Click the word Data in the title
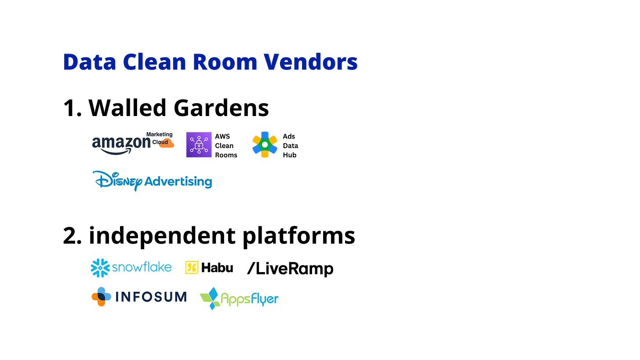pos(89,62)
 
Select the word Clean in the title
pos(154,62)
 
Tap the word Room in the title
pos(225,62)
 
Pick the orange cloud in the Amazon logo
pos(167,143)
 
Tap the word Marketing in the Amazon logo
pos(159,135)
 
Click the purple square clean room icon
pos(199,144)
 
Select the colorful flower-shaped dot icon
pos(265,144)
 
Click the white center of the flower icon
pos(265,144)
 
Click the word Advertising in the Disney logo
pos(178,181)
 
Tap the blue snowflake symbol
pos(100,268)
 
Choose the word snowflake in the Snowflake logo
pos(142,267)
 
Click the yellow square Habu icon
pos(192,267)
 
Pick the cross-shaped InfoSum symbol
pos(101,296)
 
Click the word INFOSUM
pos(151,297)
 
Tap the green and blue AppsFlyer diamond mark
pos(210,298)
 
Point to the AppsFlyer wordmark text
pos(249,299)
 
